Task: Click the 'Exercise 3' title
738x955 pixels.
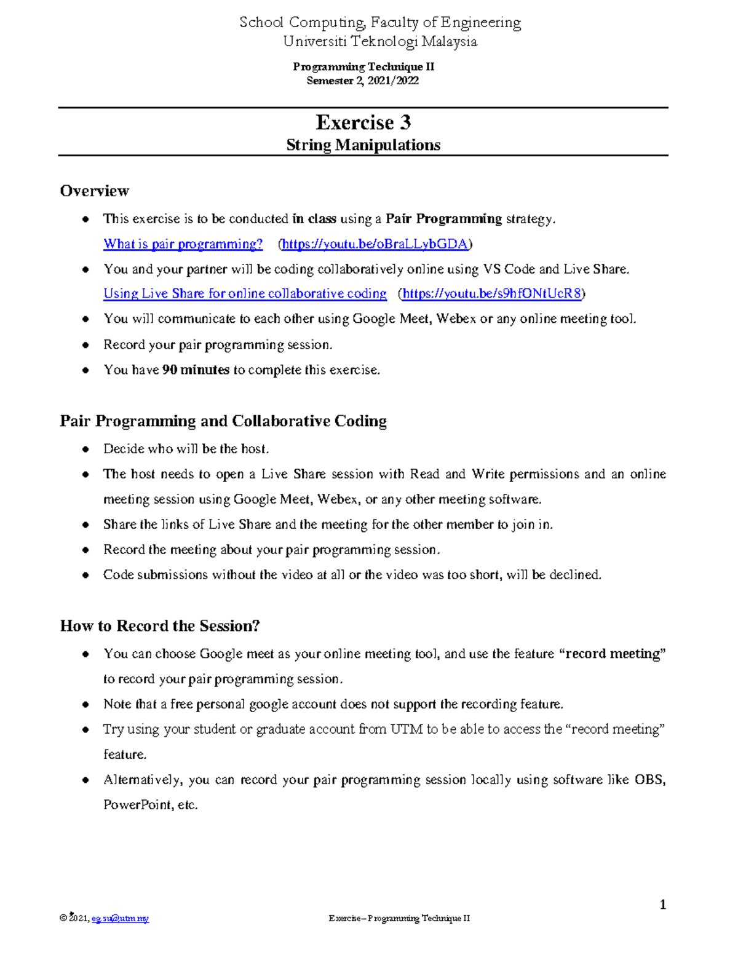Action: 363,122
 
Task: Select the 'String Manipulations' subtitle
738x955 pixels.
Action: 363,145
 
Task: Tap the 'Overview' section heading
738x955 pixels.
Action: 94,191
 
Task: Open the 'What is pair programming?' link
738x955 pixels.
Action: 183,244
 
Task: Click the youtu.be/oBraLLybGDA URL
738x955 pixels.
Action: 375,244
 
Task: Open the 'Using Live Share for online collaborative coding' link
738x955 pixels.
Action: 245,294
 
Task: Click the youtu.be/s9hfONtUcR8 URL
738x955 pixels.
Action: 491,294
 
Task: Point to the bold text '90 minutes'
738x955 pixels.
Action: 195,370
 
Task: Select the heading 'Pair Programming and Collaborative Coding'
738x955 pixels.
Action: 223,421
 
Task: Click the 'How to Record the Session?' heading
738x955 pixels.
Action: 160,626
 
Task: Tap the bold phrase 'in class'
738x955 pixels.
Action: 314,219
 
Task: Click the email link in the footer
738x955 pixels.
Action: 120,919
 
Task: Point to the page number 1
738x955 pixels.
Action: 662,905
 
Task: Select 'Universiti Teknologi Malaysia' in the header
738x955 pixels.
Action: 379,42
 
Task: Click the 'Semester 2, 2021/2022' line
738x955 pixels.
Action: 363,81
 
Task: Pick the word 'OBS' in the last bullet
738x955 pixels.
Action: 649,780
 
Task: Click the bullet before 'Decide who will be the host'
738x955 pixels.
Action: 86,450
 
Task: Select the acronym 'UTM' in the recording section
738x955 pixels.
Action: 407,729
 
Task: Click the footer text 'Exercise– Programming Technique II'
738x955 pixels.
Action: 399,919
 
